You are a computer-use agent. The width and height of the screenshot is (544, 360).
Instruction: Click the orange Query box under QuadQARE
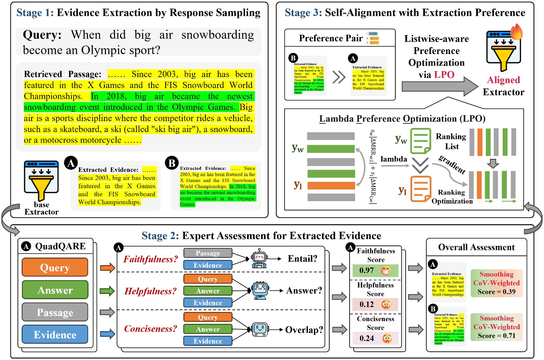55,267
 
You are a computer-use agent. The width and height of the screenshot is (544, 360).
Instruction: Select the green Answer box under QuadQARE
55,290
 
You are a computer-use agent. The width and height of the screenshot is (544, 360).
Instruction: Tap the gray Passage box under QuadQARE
55,312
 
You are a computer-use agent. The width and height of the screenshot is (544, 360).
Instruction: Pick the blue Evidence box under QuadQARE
55,335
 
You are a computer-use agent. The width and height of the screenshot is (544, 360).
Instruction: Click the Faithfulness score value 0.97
366,270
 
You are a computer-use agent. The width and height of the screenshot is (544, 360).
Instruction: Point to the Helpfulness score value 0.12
366,304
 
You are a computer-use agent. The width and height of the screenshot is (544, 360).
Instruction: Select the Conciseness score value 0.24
366,338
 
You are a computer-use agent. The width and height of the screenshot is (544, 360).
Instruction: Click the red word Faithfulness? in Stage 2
151,259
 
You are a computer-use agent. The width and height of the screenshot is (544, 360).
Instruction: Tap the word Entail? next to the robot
302,259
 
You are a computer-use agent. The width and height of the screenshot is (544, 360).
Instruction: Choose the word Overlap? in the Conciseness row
304,330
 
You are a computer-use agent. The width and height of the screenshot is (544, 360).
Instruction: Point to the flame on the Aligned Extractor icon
516,32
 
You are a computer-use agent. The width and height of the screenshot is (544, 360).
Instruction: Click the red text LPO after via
444,75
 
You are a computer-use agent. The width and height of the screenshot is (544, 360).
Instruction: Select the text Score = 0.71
497,336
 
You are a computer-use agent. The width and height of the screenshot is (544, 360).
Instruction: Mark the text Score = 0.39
497,292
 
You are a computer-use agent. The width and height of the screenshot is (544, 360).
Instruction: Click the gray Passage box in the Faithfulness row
208,253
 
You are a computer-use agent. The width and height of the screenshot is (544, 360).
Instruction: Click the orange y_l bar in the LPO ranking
331,186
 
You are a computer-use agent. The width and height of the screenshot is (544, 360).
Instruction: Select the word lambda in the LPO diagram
394,159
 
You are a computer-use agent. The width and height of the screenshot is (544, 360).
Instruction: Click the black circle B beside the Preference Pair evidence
293,58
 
